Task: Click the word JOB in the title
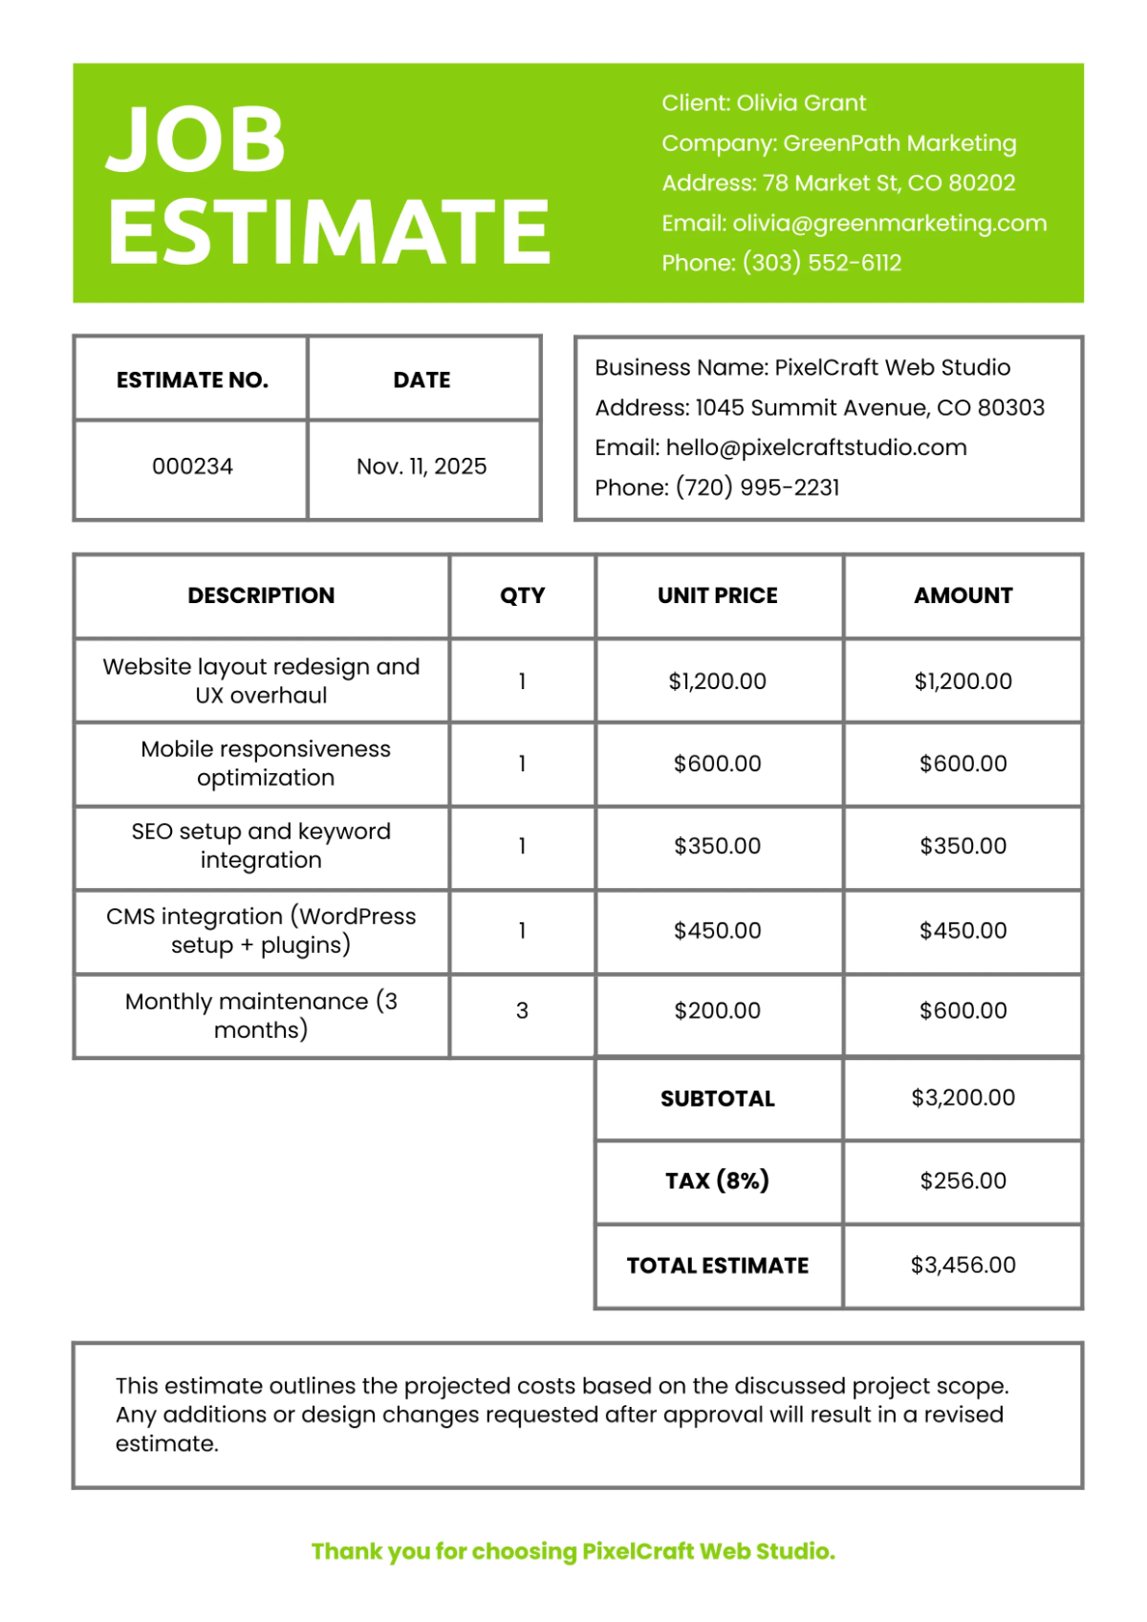point(196,140)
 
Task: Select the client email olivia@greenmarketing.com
point(889,224)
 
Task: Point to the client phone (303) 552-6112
point(822,263)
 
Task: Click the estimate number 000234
point(192,466)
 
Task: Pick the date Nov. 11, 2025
point(422,466)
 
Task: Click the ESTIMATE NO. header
point(192,380)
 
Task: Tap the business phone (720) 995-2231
point(757,487)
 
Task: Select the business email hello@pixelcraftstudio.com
point(816,447)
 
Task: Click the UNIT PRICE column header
point(718,595)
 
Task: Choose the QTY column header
point(522,595)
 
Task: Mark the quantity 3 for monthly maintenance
point(522,1010)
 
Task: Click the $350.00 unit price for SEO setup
point(718,846)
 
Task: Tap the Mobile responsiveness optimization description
point(266,763)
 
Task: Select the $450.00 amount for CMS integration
point(963,930)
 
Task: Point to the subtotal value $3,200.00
point(963,1097)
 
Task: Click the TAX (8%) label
point(718,1180)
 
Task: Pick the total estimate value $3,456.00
point(963,1265)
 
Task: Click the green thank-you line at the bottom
point(573,1551)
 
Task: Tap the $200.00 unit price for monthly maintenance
point(718,1010)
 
